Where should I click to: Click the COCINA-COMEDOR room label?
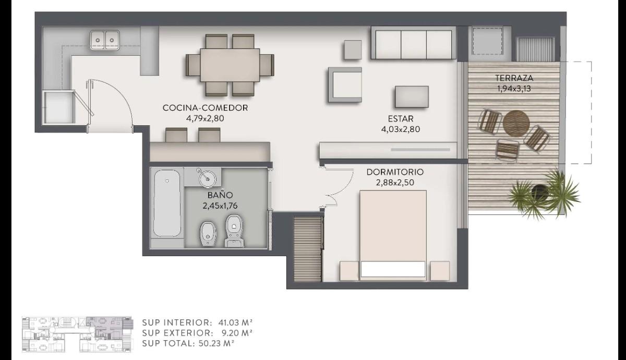[205, 108]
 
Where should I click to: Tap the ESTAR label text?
[401, 119]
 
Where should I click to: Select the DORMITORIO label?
[395, 172]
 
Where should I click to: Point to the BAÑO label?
[220, 195]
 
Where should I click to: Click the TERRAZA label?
[514, 78]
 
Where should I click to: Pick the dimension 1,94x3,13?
[514, 89]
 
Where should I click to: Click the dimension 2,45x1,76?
[220, 206]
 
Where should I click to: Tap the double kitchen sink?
[105, 40]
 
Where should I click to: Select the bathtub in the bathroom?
[167, 203]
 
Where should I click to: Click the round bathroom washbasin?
[207, 177]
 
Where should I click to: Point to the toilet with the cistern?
[234, 231]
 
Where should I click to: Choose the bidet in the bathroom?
[208, 234]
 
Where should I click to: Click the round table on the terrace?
[516, 123]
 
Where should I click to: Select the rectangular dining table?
[230, 65]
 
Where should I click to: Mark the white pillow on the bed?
[393, 269]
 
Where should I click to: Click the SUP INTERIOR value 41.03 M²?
[236, 322]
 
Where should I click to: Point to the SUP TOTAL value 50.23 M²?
[216, 343]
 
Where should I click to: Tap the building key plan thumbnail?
[77, 334]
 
